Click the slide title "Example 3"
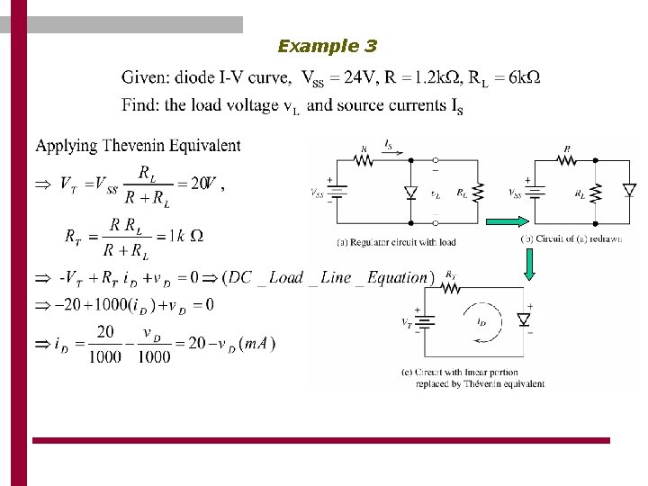(328, 46)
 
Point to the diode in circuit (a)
(411, 192)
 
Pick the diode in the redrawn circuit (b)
(629, 190)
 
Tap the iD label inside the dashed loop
(482, 320)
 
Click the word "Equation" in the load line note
(395, 277)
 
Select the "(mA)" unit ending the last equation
(259, 343)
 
